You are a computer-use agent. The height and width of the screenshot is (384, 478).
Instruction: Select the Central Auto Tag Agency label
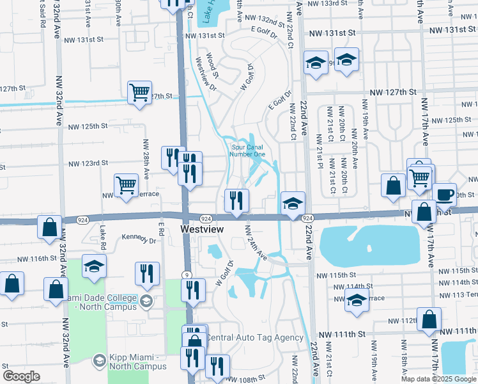pos(254,337)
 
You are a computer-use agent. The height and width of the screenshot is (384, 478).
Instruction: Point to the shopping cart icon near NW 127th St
pos(139,92)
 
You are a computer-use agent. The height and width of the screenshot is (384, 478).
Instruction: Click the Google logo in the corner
pos(22,376)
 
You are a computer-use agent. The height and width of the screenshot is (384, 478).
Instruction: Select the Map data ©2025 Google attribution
pos(439,379)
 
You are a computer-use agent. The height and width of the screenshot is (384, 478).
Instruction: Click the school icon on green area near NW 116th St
pos(95,266)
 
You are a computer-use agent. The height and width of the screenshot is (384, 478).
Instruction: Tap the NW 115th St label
pos(348,275)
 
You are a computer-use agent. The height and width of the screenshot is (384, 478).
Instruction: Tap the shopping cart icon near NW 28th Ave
pos(127,185)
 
